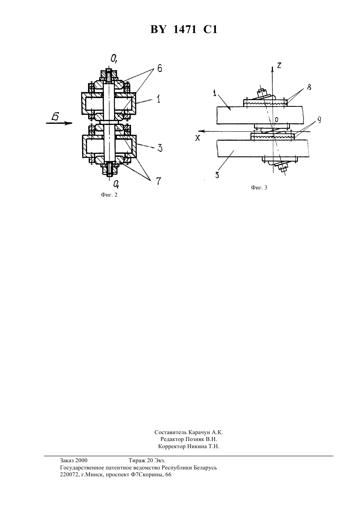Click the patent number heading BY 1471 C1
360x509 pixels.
pos(184,30)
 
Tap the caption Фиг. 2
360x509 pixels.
pos(109,195)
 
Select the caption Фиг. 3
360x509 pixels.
pos(259,188)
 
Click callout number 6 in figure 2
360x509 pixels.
pos(160,68)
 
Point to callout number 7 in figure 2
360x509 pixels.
pos(158,181)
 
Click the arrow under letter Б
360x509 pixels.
pos(59,123)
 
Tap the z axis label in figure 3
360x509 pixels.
pos(279,65)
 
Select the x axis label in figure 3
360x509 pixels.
pos(198,138)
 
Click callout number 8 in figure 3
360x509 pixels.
pos(309,87)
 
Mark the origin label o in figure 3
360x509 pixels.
pos(276,119)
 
